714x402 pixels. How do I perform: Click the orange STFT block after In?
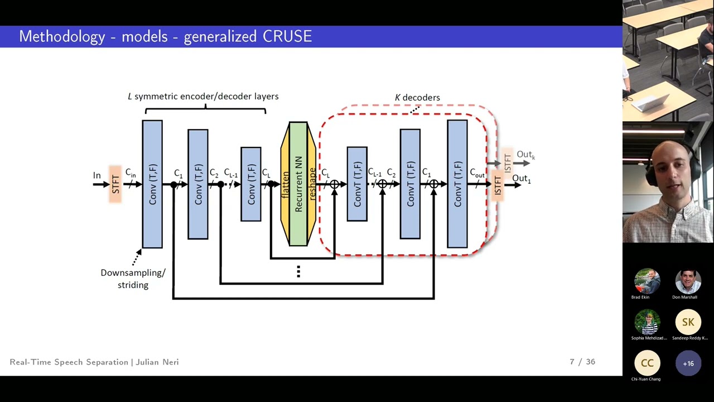click(x=115, y=184)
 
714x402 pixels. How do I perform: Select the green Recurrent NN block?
click(x=298, y=184)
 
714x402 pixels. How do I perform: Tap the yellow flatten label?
click(x=285, y=184)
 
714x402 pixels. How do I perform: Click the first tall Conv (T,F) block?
click(x=152, y=184)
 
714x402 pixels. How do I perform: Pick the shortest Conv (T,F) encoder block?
click(x=251, y=184)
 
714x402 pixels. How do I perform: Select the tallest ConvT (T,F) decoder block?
click(x=457, y=184)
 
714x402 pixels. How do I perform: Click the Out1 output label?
click(x=521, y=179)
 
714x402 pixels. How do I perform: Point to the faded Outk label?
click(x=525, y=155)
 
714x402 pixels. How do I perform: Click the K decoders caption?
click(x=417, y=98)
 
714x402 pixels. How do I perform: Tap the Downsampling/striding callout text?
click(x=133, y=279)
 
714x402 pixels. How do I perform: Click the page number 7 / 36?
click(x=582, y=362)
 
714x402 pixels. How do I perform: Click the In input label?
click(x=97, y=175)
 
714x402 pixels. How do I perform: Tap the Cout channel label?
click(x=477, y=174)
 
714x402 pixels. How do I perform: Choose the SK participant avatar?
click(x=688, y=322)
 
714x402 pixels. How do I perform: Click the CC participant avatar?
click(x=647, y=363)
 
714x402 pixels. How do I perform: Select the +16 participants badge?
click(x=688, y=363)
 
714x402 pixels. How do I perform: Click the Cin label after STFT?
click(x=131, y=173)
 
